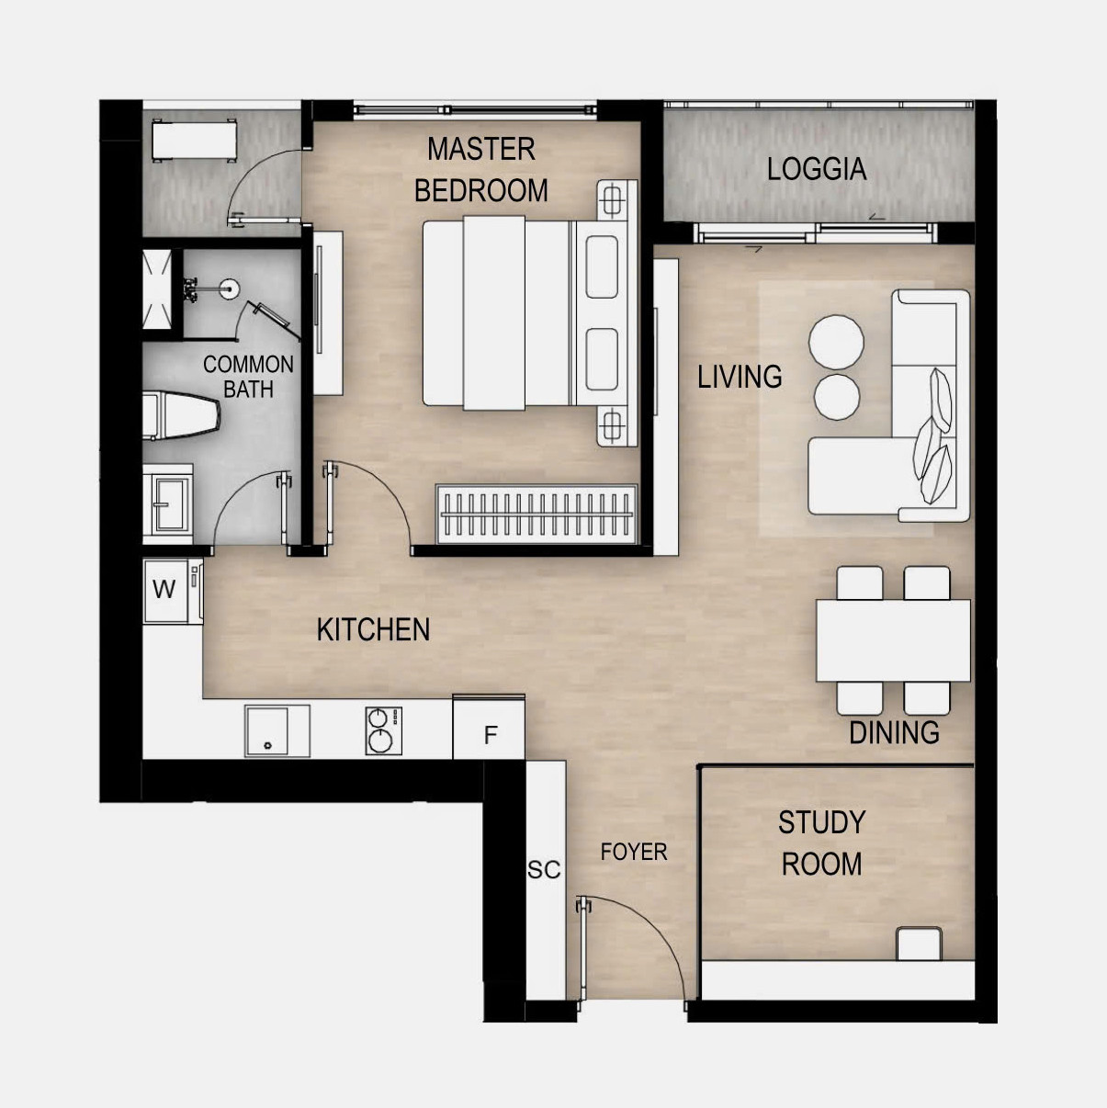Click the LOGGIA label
click(x=817, y=169)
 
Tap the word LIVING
click(x=740, y=377)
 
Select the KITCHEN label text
click(x=373, y=629)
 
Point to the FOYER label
click(x=634, y=852)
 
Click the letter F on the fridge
click(x=490, y=735)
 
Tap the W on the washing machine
click(x=164, y=589)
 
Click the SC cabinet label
click(x=544, y=870)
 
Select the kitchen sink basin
click(x=277, y=730)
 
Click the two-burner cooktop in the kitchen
click(x=384, y=730)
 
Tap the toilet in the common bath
click(x=181, y=415)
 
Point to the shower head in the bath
click(x=230, y=288)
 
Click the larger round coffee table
click(x=836, y=342)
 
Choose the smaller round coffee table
click(x=837, y=396)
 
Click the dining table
click(x=893, y=640)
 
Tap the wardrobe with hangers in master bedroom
click(x=537, y=514)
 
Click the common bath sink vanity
click(x=167, y=504)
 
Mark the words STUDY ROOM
click(x=822, y=843)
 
